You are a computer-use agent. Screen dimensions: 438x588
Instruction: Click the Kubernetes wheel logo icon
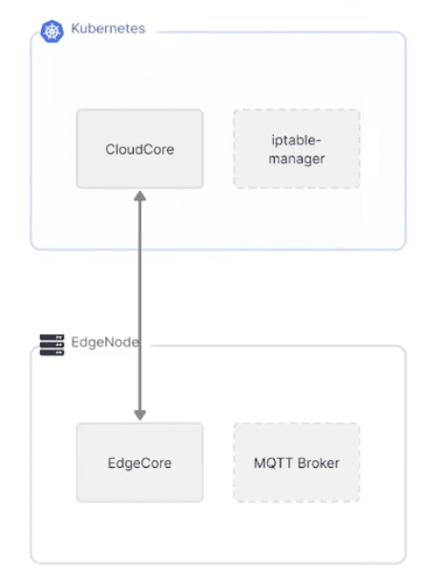click(x=52, y=31)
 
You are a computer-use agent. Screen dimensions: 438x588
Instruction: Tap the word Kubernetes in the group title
click(x=108, y=29)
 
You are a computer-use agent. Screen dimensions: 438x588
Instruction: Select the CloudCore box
click(x=140, y=149)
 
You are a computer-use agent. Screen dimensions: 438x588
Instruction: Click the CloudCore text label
click(x=139, y=149)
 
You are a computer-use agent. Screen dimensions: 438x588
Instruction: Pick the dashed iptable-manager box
click(x=297, y=149)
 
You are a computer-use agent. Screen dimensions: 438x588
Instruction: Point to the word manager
click(x=297, y=158)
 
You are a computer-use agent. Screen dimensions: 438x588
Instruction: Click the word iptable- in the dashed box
click(x=296, y=140)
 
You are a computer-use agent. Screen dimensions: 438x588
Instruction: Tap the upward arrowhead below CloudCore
click(x=140, y=196)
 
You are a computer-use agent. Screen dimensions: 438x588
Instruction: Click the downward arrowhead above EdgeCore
click(x=140, y=414)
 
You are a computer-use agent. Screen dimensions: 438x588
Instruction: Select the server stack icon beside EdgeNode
click(x=52, y=345)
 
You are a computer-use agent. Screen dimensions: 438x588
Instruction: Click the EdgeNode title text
click(x=105, y=342)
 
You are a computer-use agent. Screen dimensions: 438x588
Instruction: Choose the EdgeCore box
click(x=140, y=462)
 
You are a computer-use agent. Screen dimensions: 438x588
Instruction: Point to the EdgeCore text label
click(x=139, y=463)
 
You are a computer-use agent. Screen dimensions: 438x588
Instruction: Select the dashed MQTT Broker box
click(x=297, y=462)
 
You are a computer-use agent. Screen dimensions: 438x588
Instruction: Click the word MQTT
click(x=269, y=463)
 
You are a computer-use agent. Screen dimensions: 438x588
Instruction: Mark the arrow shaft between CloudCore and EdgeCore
click(x=140, y=305)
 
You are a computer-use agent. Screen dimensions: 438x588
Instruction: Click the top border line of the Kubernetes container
click(x=282, y=32)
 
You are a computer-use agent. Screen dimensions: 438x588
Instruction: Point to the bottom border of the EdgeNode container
click(x=219, y=563)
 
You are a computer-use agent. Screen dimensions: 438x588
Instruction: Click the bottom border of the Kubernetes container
click(x=219, y=249)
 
